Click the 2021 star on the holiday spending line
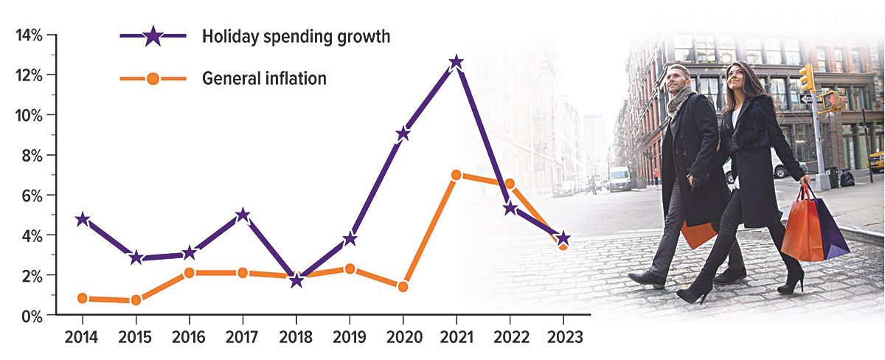click(x=457, y=63)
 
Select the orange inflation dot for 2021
click(x=457, y=175)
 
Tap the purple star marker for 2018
click(x=296, y=280)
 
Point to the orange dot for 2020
click(x=403, y=286)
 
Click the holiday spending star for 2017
click(x=243, y=215)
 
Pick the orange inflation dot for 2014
click(x=83, y=298)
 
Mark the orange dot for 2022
click(x=510, y=184)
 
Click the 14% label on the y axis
click(x=29, y=35)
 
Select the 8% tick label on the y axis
click(x=32, y=156)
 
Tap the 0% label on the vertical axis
click(x=32, y=316)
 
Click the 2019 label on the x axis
click(x=350, y=337)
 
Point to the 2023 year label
click(x=565, y=337)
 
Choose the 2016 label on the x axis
click(x=189, y=337)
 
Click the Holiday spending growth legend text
click(x=296, y=36)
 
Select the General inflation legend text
click(x=264, y=78)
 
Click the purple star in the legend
click(x=153, y=36)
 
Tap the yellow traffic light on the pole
click(x=806, y=78)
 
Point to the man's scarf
click(x=678, y=101)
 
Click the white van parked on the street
click(x=619, y=179)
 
